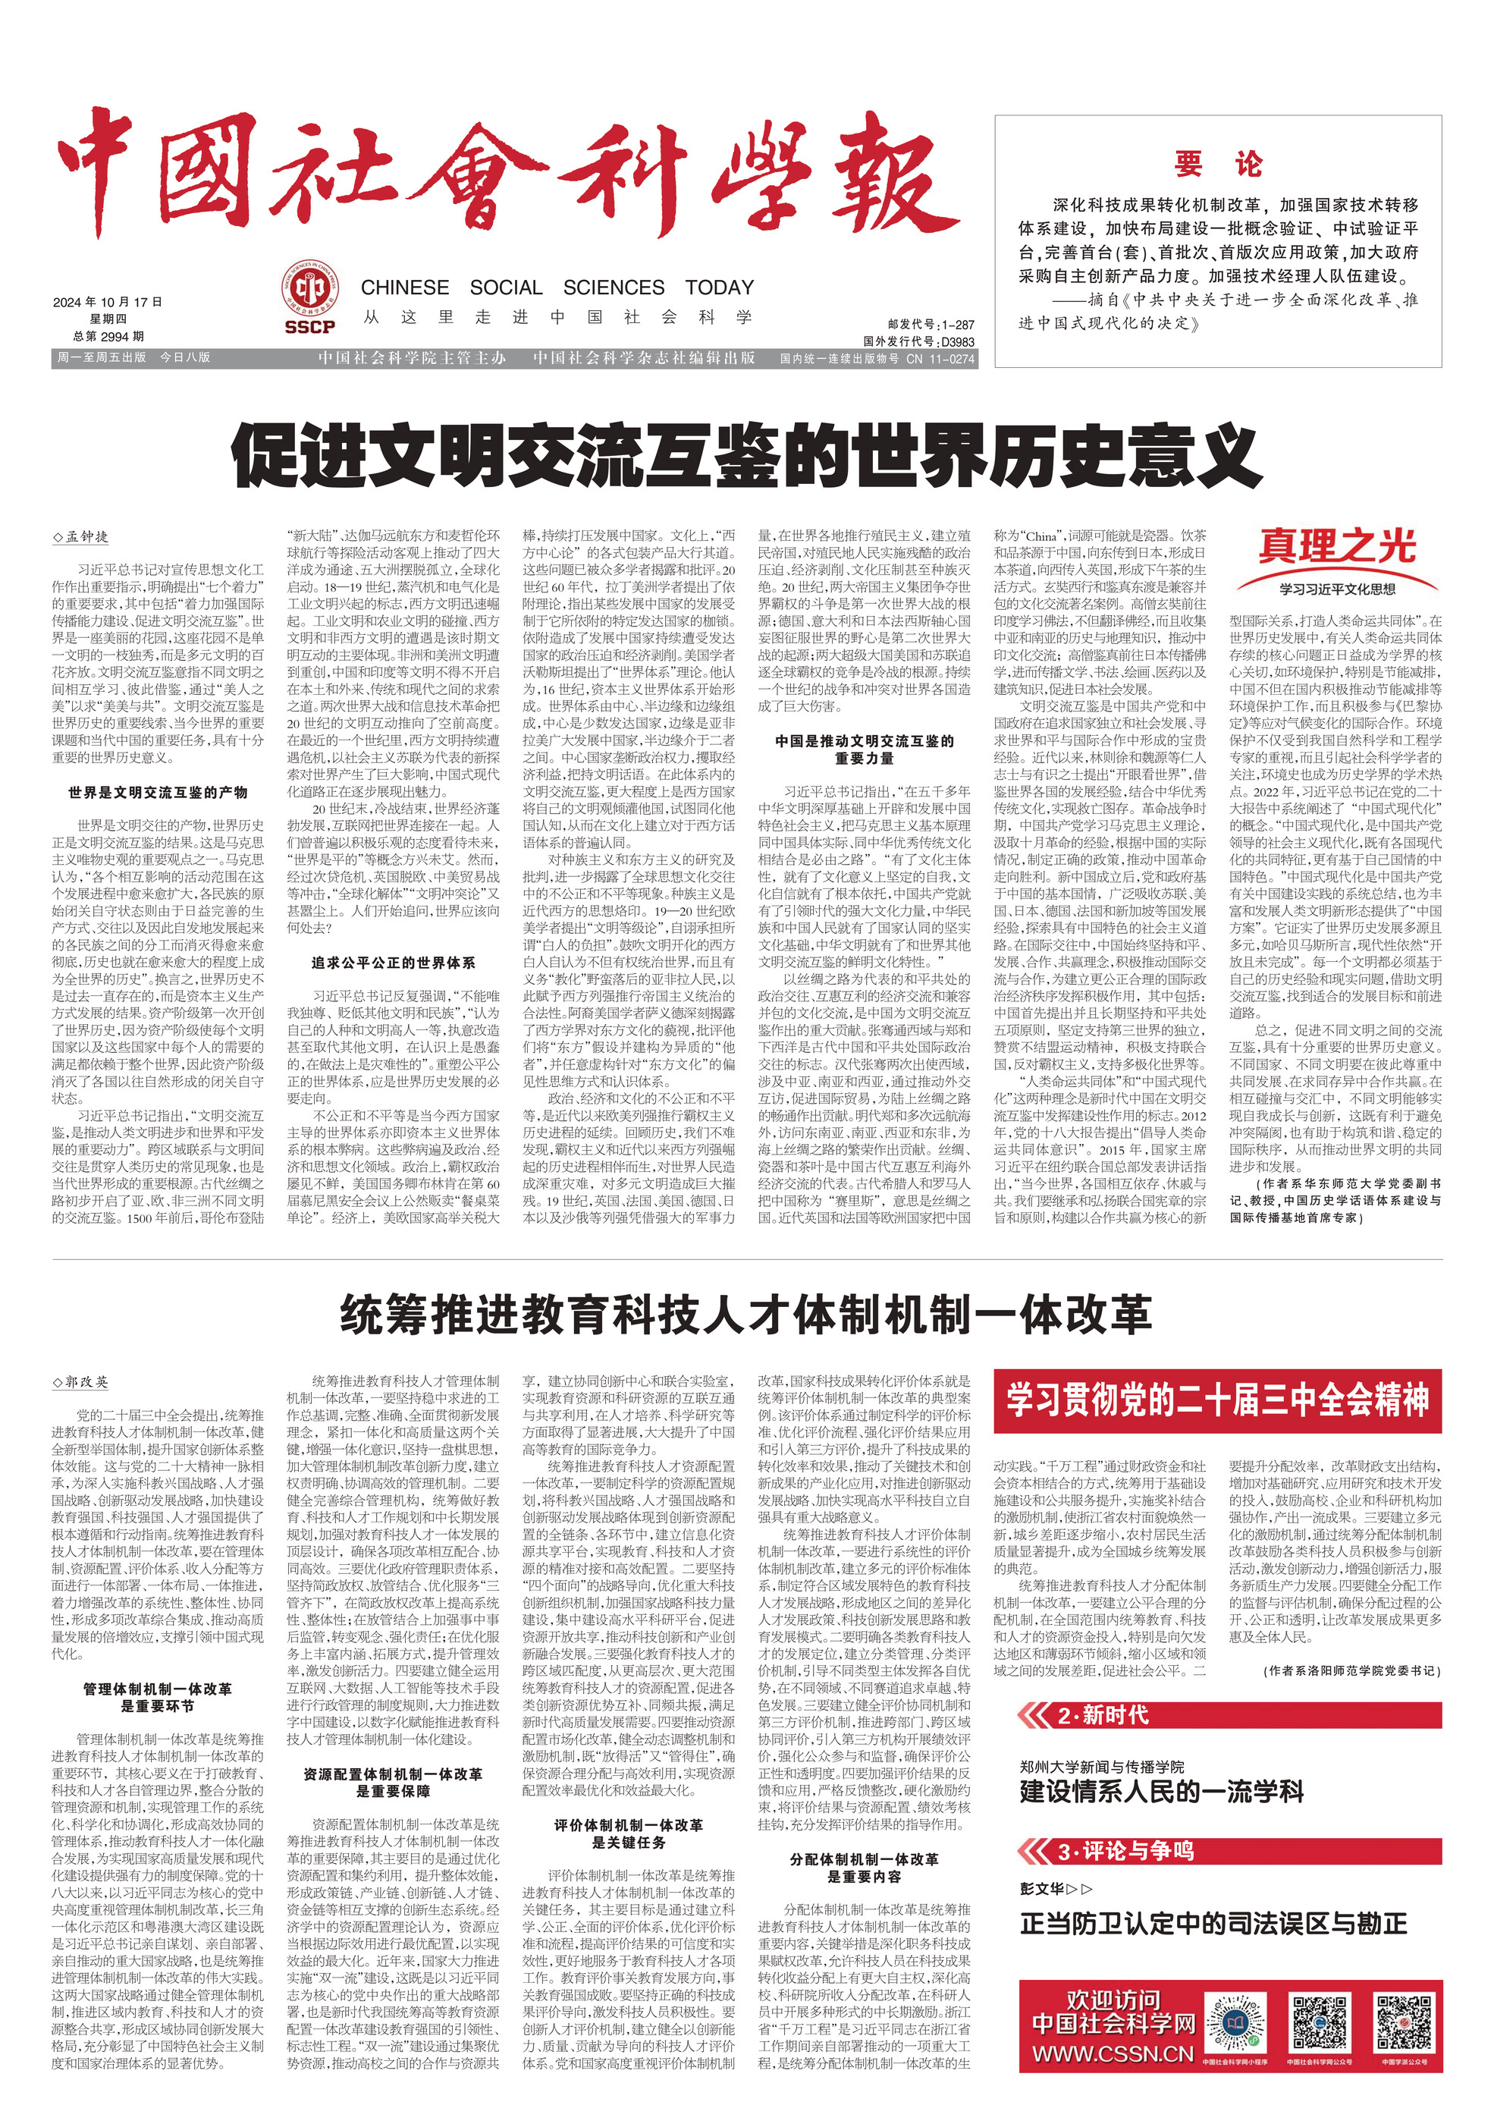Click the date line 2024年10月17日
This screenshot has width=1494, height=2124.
pyautogui.click(x=108, y=302)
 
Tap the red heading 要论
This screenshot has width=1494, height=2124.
pyautogui.click(x=1217, y=165)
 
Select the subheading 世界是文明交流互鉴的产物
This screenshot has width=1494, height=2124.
pyautogui.click(x=157, y=792)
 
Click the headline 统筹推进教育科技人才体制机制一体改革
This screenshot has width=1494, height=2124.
pyautogui.click(x=745, y=1314)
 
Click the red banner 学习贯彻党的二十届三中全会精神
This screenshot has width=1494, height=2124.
pyautogui.click(x=1217, y=1400)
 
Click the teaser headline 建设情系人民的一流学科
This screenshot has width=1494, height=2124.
pyautogui.click(x=1161, y=1791)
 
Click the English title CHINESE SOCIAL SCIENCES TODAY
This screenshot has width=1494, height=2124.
pyautogui.click(x=557, y=287)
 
